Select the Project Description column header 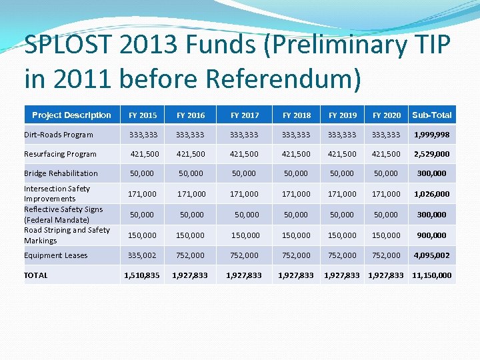[x=71, y=115]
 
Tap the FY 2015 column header [x=143, y=115]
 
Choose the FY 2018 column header [x=297, y=115]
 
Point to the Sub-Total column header [x=432, y=115]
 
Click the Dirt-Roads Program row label [x=59, y=135]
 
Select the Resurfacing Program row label [x=60, y=154]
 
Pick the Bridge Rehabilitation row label [x=61, y=173]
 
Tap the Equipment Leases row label [x=55, y=255]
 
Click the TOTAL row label [x=36, y=275]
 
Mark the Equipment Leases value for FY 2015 [x=143, y=255]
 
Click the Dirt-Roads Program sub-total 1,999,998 [x=432, y=135]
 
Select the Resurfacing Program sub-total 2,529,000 [x=432, y=154]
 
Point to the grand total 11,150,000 [x=432, y=275]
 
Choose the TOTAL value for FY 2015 [x=142, y=275]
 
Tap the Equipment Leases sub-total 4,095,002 [x=432, y=255]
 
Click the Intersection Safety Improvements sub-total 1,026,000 [x=432, y=194]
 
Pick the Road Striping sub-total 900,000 [x=432, y=235]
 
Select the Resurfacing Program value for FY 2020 [x=387, y=154]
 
